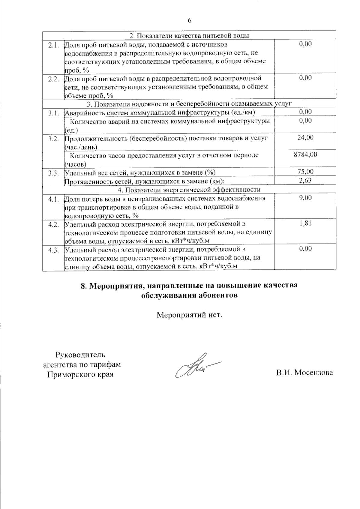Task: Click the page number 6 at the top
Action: [189, 20]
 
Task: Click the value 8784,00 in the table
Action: [305, 155]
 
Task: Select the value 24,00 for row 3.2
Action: [305, 138]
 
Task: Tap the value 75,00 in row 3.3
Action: [305, 172]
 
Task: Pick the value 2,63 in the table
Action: [305, 180]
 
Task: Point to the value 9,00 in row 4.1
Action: [305, 198]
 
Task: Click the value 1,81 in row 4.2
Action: [305, 223]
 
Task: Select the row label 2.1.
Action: [53, 45]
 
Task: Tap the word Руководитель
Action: [80, 355]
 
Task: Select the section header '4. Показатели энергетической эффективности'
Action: [189, 190]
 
